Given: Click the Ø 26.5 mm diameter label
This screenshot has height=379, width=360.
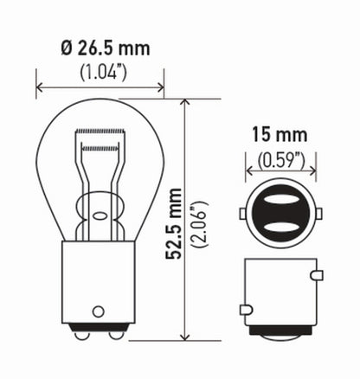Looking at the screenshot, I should [99, 48].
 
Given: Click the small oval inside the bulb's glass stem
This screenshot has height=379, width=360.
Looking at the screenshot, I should [100, 220].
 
